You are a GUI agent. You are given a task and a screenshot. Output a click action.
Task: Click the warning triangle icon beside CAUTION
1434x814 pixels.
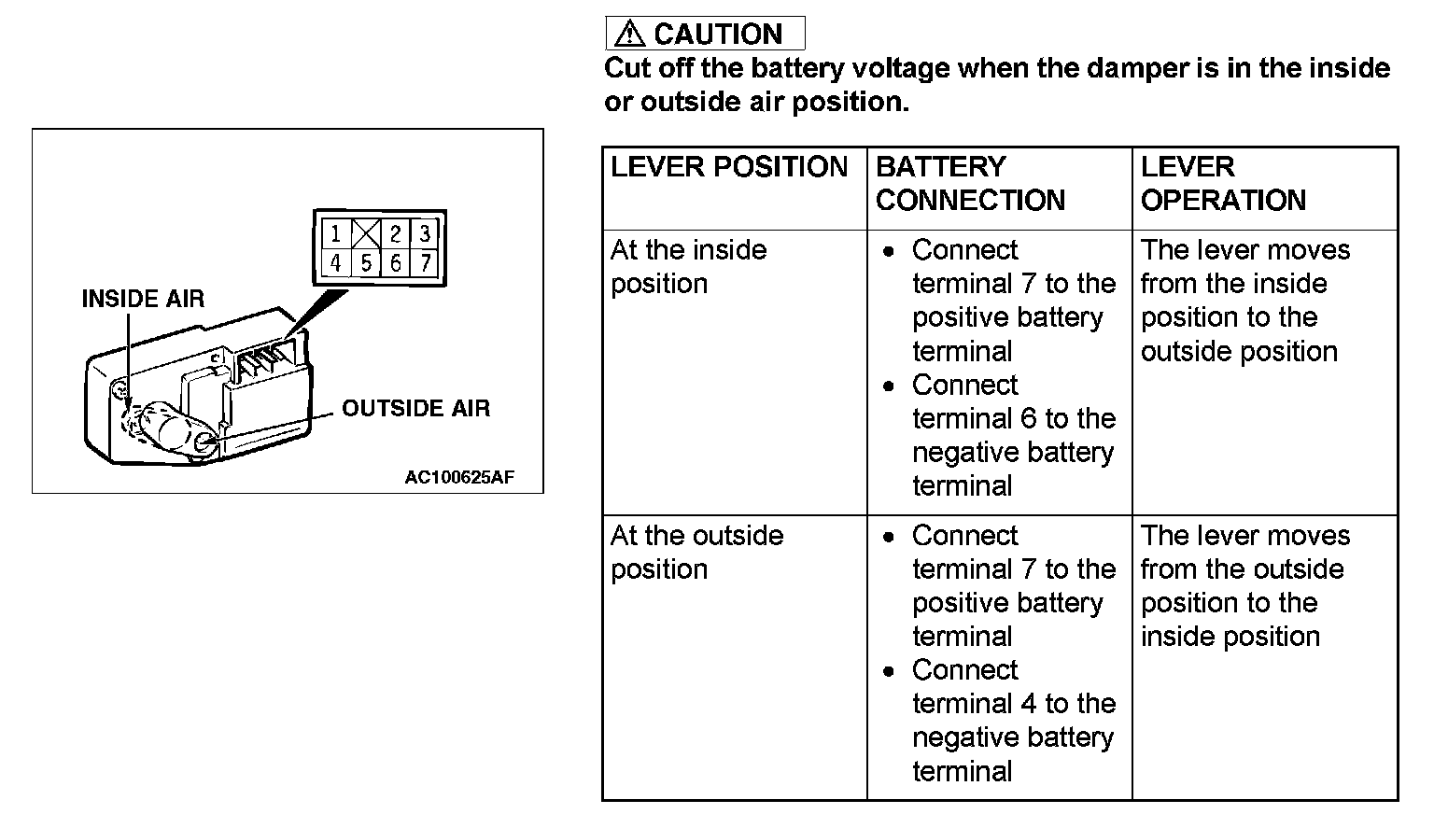pyautogui.click(x=630, y=35)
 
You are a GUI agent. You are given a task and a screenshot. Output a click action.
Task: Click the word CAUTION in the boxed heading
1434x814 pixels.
pyautogui.click(x=718, y=35)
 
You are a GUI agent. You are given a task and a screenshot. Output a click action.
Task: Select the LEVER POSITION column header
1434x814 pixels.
pyautogui.click(x=729, y=167)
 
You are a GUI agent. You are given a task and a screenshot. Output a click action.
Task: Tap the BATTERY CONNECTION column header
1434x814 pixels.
pyautogui.click(x=970, y=184)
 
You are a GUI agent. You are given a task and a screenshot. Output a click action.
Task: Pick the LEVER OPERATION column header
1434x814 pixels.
pyautogui.click(x=1223, y=184)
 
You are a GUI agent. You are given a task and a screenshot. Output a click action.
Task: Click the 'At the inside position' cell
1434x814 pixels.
pyautogui.click(x=689, y=267)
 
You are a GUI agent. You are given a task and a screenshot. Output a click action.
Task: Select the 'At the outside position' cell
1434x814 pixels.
pyautogui.click(x=696, y=553)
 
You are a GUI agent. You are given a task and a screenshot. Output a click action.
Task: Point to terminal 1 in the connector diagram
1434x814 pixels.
pyautogui.click(x=336, y=233)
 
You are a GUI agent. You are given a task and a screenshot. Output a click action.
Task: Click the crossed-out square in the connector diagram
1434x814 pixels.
pyautogui.click(x=365, y=233)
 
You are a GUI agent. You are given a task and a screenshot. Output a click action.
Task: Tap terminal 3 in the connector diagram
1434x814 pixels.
pyautogui.click(x=425, y=233)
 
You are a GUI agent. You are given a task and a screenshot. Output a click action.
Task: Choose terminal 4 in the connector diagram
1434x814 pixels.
pyautogui.click(x=336, y=263)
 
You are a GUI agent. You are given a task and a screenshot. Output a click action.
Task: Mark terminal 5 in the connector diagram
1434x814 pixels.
pyautogui.click(x=366, y=263)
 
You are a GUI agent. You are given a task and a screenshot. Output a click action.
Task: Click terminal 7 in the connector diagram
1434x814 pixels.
pyautogui.click(x=425, y=263)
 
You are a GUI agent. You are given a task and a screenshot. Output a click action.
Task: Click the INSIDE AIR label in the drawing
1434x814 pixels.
pyautogui.click(x=143, y=299)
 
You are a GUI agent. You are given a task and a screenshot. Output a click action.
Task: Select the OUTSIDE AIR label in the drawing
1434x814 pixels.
pyautogui.click(x=415, y=408)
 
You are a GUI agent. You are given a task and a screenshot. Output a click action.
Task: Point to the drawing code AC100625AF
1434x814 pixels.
pyautogui.click(x=459, y=478)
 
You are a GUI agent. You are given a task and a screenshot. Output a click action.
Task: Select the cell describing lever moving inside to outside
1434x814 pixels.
pyautogui.click(x=1245, y=301)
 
